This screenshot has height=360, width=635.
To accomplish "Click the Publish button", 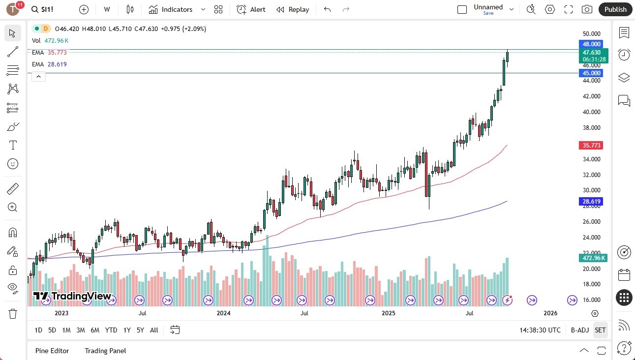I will point(615,9).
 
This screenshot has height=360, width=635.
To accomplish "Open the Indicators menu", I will point(171,9).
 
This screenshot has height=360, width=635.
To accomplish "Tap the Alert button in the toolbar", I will point(251,9).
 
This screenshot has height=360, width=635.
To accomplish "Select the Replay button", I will point(293,9).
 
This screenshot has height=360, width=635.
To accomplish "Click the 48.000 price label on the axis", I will point(591,44).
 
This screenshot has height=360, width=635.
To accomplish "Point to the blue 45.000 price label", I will point(591,73).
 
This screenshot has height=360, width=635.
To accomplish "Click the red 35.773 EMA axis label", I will point(591,146).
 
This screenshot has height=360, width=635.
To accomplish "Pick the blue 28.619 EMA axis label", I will point(591,202).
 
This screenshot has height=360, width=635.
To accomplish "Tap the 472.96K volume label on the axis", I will point(594,258).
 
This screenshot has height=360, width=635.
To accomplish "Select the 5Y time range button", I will point(140,330).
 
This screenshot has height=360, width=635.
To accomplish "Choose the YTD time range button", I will point(111,330).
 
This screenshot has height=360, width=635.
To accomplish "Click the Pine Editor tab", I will point(52,351).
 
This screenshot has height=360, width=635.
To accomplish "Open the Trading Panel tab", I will point(105,351).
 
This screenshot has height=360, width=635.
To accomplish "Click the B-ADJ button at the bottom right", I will point(579,330).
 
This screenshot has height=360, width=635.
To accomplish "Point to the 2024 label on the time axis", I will point(223,313).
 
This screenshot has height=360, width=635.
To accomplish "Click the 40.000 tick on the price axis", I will point(591,112).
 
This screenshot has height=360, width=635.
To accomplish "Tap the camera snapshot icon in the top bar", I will point(587,9).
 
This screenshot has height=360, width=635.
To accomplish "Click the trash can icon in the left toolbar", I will point(13,314).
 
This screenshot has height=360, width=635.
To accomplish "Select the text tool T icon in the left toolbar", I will point(13,145).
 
